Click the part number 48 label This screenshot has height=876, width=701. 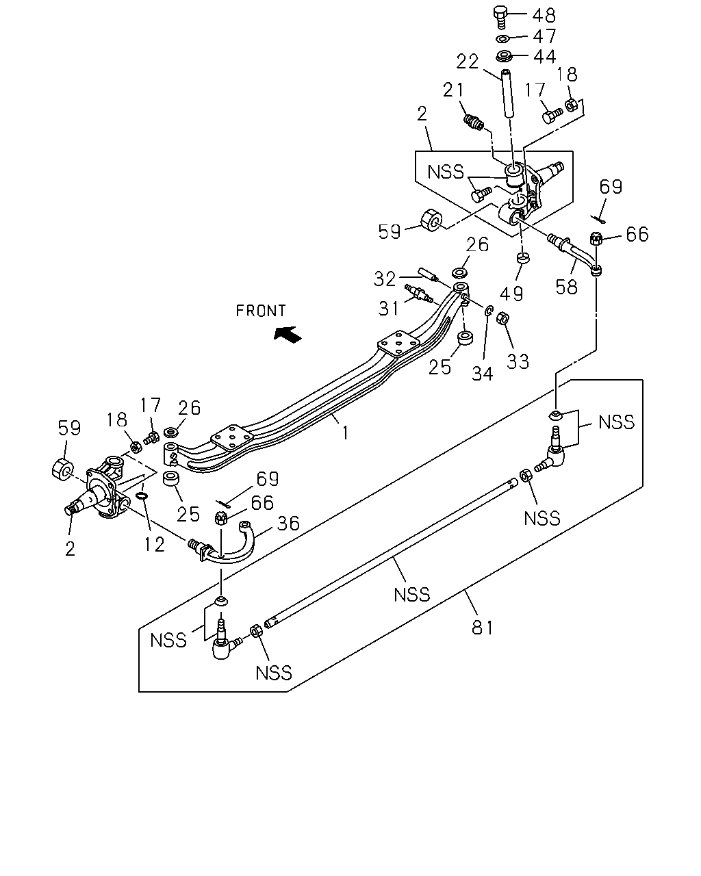point(544,16)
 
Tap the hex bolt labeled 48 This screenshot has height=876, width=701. point(501,17)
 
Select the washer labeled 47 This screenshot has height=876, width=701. point(502,39)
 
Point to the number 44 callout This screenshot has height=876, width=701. point(545,56)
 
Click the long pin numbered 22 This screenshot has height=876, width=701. point(507,94)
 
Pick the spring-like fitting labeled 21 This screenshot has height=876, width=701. point(473,122)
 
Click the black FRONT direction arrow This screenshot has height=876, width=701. point(288,333)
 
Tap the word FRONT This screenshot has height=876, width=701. point(261,311)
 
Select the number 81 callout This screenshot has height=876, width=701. point(482,628)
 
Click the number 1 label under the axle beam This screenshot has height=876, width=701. point(346,433)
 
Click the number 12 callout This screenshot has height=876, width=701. point(154,544)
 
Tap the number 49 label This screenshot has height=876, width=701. point(511,293)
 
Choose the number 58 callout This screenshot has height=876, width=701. point(567,287)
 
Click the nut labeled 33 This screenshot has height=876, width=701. point(502,318)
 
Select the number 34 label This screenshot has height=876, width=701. point(482,374)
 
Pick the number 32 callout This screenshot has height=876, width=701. point(385,279)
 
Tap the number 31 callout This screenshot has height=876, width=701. point(389,308)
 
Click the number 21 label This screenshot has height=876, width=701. point(454,90)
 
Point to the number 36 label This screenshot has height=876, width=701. point(288,524)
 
